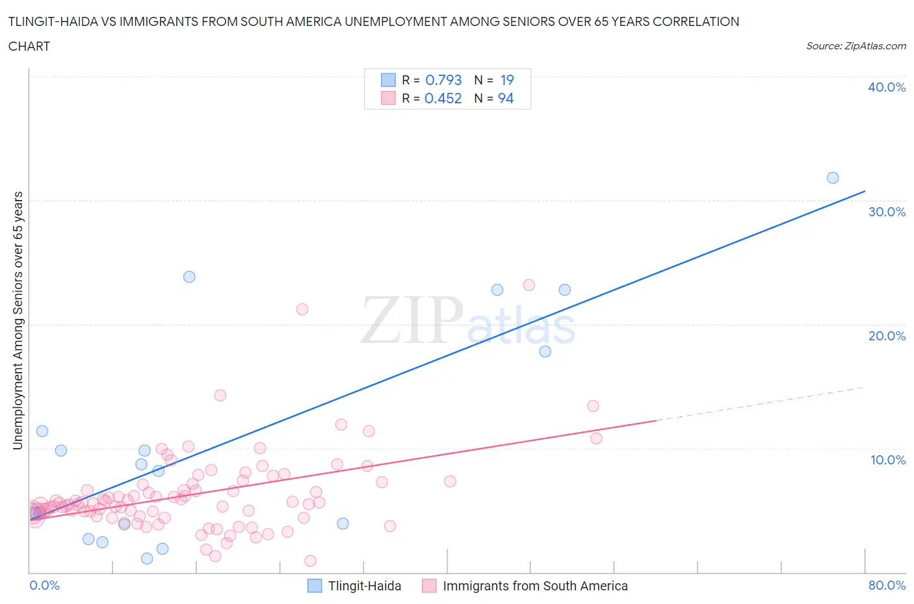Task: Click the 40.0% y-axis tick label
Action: (886, 87)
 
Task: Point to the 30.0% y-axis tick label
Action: (886, 212)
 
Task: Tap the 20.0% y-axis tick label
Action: (886, 336)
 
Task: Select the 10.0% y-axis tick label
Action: (887, 460)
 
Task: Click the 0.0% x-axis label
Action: (44, 585)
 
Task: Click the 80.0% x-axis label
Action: (887, 585)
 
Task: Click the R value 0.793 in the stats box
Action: (443, 80)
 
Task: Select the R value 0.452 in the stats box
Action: (443, 98)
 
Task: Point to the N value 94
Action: (506, 98)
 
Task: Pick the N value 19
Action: (507, 80)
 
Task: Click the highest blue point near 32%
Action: (833, 178)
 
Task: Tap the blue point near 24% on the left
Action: (189, 277)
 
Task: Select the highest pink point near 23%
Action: (529, 285)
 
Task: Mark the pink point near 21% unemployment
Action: (302, 309)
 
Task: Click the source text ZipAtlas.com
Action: (855, 45)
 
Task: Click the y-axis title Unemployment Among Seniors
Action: (18, 320)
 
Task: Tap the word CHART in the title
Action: (29, 46)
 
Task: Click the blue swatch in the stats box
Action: (388, 80)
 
